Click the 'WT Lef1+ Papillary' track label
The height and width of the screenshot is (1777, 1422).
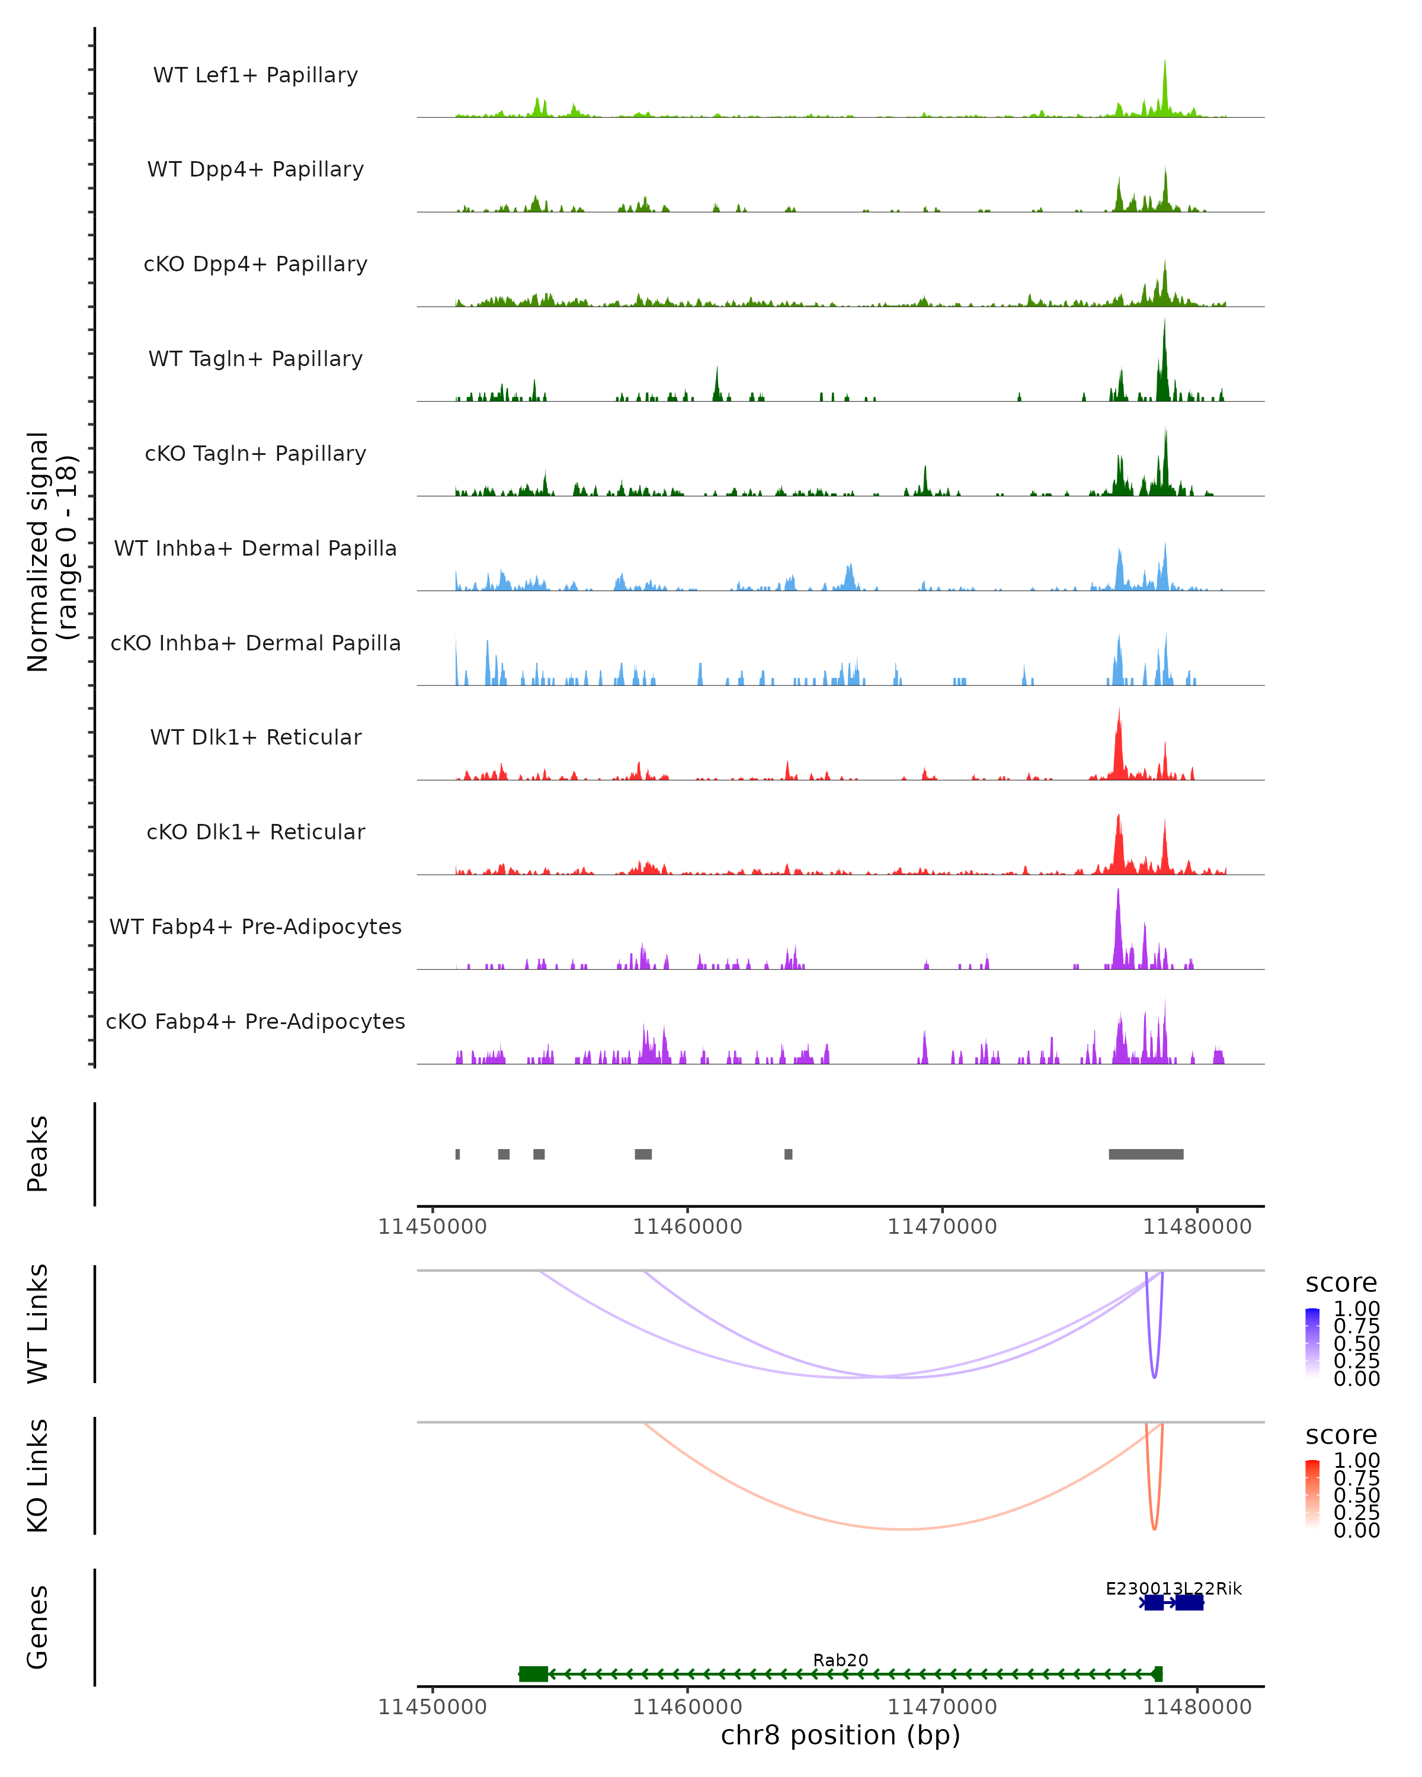(x=255, y=75)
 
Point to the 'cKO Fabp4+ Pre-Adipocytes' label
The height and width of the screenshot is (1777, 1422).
(x=255, y=1021)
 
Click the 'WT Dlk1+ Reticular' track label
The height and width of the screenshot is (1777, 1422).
(x=255, y=737)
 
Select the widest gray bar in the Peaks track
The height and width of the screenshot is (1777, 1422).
(x=1146, y=1154)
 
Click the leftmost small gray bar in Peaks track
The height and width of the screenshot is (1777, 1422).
(x=457, y=1154)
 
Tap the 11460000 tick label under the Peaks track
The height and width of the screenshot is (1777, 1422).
(x=687, y=1227)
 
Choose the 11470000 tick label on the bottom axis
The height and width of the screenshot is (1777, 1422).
(x=942, y=1707)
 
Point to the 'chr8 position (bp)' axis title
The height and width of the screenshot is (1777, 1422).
(x=840, y=1736)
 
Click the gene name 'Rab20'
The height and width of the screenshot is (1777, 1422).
(x=840, y=1660)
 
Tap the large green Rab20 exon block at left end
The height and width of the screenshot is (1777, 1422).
(x=533, y=1674)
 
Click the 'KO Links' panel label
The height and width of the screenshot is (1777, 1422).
(x=38, y=1476)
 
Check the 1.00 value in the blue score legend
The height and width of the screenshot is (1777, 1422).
(x=1356, y=1309)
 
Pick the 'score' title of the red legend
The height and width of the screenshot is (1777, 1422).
(x=1341, y=1435)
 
